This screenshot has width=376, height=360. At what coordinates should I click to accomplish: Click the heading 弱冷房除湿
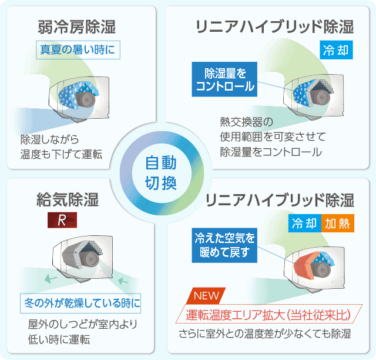77,27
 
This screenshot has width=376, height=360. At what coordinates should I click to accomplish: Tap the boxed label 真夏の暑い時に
78,50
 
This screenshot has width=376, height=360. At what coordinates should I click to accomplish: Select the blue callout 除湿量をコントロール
224,79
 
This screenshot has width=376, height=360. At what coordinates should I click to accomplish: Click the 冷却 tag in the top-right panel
336,50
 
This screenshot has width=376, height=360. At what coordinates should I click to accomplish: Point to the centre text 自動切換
161,173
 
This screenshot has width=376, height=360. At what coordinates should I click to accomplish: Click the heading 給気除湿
68,200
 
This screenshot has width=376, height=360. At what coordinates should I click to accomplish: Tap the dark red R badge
62,220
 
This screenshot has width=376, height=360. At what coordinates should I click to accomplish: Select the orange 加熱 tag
338,223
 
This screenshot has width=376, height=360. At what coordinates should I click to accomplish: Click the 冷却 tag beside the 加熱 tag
304,223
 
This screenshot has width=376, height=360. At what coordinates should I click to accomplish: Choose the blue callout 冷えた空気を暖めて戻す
224,245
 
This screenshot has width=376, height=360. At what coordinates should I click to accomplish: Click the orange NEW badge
206,296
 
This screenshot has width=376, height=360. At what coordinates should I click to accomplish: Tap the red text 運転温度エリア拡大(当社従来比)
268,314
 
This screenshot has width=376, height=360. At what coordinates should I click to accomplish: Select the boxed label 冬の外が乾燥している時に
80,303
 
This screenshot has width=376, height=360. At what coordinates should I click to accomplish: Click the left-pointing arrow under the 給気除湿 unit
51,279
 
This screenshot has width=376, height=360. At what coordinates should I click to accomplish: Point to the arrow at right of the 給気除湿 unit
123,280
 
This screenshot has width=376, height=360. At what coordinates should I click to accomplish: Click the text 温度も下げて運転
61,154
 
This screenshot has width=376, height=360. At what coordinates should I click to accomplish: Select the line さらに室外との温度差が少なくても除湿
265,334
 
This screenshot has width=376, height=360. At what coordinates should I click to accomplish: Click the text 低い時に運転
59,339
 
